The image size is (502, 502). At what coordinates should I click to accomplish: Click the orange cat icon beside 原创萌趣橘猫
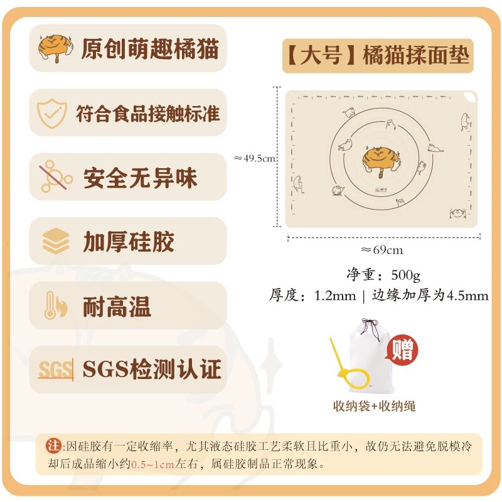tap(55, 48)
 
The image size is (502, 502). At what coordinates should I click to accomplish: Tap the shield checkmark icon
tap(52, 114)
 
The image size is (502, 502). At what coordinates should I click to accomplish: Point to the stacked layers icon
tap(55, 241)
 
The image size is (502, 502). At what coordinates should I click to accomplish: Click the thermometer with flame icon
tap(55, 306)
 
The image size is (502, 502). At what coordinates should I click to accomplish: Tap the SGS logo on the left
tap(56, 370)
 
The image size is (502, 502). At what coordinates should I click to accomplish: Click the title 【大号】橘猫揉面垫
tap(378, 55)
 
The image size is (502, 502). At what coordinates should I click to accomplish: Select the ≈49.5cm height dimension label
tap(255, 158)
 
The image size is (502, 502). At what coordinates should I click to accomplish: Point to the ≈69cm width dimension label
tap(382, 250)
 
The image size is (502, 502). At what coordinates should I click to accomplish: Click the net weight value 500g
tap(405, 275)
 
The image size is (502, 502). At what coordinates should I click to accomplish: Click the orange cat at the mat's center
tap(381, 161)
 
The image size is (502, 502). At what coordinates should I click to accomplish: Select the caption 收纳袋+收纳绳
tap(374, 406)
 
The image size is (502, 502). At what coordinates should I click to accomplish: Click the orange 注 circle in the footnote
tap(53, 446)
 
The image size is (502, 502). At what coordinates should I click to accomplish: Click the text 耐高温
tap(117, 306)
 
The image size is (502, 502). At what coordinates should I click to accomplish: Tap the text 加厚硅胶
tap(129, 242)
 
